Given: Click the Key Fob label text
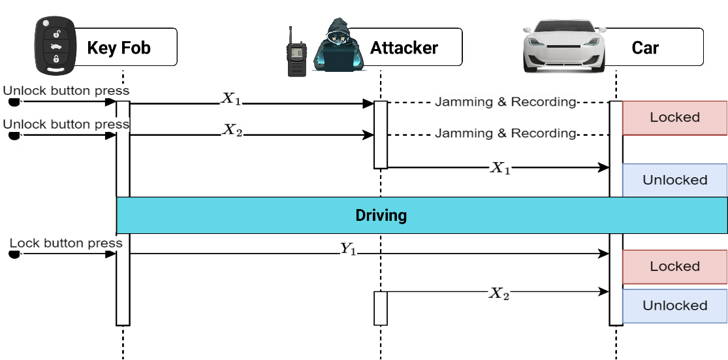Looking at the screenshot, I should pyautogui.click(x=119, y=47).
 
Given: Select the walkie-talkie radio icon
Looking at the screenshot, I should pyautogui.click(x=297, y=52).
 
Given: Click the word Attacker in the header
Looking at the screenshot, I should pyautogui.click(x=404, y=47).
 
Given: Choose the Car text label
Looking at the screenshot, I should pyautogui.click(x=645, y=47).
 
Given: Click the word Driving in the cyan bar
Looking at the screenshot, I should pyautogui.click(x=381, y=215).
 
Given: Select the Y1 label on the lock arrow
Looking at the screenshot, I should pyautogui.click(x=348, y=248).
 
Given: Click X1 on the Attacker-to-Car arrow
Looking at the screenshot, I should pyautogui.click(x=500, y=168).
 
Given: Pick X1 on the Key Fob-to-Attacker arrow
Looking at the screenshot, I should pyautogui.click(x=232, y=99).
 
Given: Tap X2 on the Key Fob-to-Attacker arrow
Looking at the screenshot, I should pyautogui.click(x=232, y=130).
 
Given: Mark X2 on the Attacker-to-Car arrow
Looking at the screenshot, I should pyautogui.click(x=499, y=293).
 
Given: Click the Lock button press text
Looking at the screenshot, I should pyautogui.click(x=66, y=243).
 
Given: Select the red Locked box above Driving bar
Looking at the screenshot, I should pyautogui.click(x=674, y=118).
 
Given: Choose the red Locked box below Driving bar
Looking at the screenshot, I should pyautogui.click(x=674, y=267).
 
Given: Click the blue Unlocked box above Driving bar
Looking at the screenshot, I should pyautogui.click(x=674, y=180).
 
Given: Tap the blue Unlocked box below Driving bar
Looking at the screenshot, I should pyautogui.click(x=674, y=306).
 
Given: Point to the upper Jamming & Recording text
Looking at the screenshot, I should pyautogui.click(x=505, y=102).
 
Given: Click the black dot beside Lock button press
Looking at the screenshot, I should pyautogui.click(x=14, y=255).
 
